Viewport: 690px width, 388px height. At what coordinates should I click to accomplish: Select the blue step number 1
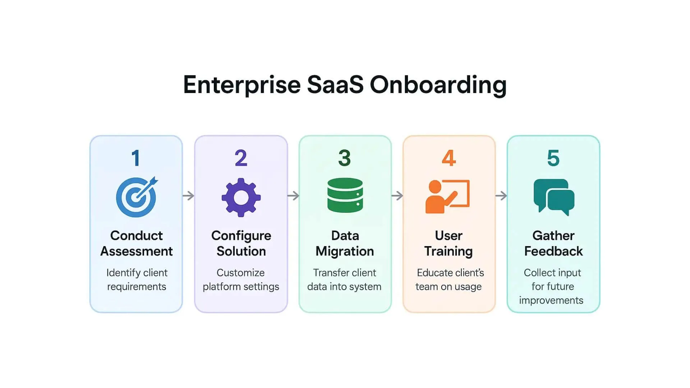(136, 158)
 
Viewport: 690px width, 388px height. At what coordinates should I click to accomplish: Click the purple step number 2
(241, 158)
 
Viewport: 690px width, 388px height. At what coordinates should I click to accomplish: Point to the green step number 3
(345, 158)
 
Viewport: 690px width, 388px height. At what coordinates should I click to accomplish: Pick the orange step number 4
(449, 158)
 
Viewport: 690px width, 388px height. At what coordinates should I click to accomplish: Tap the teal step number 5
(553, 158)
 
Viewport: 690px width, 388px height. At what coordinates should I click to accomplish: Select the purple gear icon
(241, 197)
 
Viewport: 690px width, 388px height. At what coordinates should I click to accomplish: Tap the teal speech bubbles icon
(554, 197)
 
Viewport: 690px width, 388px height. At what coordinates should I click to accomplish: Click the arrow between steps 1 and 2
(188, 196)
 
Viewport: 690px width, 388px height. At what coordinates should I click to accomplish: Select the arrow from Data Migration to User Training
(397, 196)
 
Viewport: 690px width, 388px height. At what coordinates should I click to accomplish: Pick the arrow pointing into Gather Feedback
(501, 196)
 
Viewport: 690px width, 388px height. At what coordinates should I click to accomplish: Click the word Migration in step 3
(345, 251)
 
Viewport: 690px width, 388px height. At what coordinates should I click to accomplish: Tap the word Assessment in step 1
(137, 251)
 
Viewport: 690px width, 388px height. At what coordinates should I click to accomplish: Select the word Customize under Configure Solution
(240, 273)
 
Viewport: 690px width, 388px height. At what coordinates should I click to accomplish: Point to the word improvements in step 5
(551, 300)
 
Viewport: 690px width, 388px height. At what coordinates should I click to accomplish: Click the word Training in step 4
(448, 251)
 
